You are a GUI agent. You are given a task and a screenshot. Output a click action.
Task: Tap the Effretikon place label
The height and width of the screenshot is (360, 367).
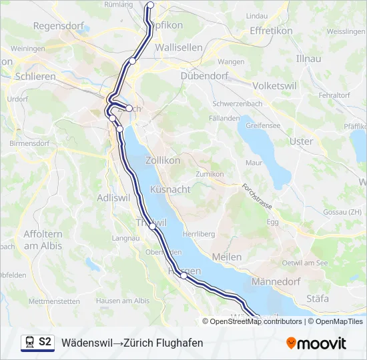pos(272,31)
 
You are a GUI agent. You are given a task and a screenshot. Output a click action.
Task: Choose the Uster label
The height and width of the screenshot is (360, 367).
pos(302,141)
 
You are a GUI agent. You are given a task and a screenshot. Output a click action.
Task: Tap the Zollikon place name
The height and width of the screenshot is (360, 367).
pos(163,160)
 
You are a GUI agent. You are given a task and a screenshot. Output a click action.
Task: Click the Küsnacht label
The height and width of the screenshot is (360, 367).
pos(171,189)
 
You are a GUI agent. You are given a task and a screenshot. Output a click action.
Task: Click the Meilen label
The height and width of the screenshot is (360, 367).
pos(226,257)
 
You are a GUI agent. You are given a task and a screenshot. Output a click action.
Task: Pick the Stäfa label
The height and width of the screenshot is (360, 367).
pos(318,299)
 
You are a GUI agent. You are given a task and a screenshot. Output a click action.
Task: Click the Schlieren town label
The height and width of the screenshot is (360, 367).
pos(35,77)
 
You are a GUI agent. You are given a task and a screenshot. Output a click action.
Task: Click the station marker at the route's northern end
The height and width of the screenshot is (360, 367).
pos(150,5)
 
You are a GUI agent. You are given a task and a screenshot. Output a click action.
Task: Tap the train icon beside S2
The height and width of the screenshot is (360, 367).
pos(29,343)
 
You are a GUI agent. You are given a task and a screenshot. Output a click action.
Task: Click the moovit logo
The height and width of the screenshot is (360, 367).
pos(316,343)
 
